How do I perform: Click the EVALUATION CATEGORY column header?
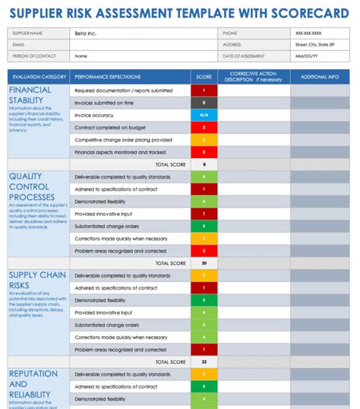click(39, 77)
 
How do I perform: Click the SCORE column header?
click(204, 77)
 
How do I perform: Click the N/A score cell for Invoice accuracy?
click(204, 115)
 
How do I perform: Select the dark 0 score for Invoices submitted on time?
click(204, 103)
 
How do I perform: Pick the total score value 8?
click(204, 164)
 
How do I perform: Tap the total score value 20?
click(204, 263)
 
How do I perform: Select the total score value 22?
click(204, 362)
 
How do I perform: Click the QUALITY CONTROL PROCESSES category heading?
click(31, 186)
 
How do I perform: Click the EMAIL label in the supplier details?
click(19, 44)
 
